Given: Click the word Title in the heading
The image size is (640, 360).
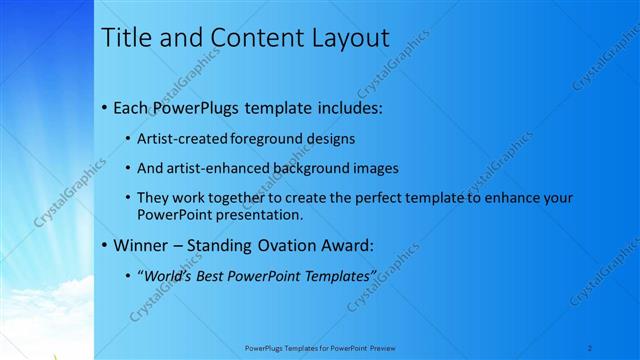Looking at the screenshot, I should tap(129, 39).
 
